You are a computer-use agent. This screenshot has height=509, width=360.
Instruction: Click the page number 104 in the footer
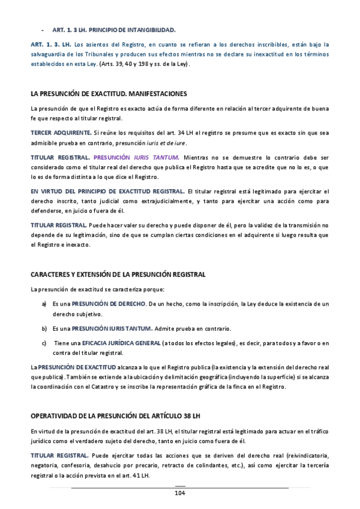point(180,493)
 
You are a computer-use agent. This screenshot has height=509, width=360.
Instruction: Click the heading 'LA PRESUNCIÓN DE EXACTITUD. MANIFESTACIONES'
point(109,94)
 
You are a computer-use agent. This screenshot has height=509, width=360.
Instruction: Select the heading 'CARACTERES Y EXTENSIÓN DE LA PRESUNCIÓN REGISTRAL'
point(118,274)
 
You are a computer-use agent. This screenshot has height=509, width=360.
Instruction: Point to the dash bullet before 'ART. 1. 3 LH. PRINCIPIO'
point(41,29)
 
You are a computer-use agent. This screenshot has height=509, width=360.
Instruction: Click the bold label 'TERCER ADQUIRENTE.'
point(61,132)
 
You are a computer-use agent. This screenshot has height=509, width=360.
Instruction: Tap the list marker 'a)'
point(44,304)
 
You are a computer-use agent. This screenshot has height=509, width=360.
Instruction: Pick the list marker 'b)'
point(44,329)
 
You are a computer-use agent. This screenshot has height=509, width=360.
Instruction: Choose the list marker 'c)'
point(44,343)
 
